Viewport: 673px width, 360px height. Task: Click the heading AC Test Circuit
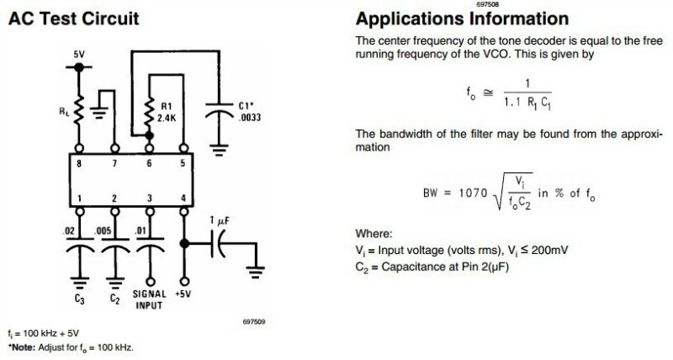tap(73, 18)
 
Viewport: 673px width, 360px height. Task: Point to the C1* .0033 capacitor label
tap(246, 112)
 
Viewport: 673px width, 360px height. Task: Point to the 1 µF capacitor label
tap(220, 220)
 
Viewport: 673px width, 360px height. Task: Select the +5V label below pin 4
tap(184, 294)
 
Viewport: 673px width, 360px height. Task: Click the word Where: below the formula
tap(374, 234)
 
